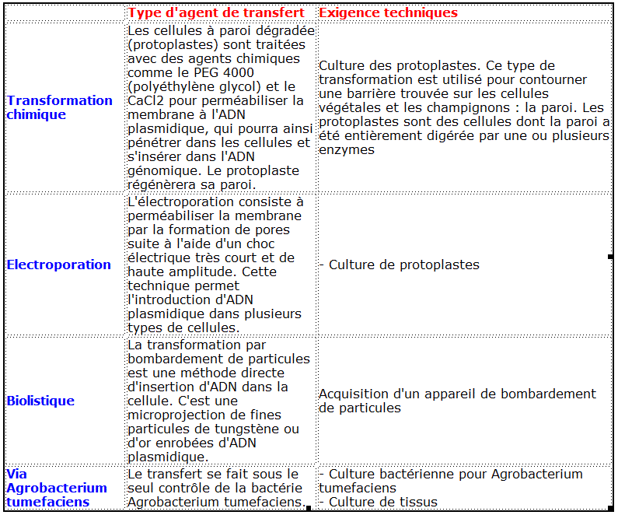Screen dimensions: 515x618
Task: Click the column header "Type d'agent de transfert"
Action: (216, 12)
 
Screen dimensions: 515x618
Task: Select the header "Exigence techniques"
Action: (388, 12)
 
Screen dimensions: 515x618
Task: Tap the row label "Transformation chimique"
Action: (59, 107)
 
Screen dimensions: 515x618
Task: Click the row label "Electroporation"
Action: (59, 265)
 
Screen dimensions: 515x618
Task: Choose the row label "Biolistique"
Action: (40, 401)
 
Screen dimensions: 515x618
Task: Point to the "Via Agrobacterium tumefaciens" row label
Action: (56, 488)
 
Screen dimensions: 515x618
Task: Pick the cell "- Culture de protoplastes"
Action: (399, 265)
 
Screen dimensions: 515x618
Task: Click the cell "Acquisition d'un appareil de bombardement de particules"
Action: (457, 401)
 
